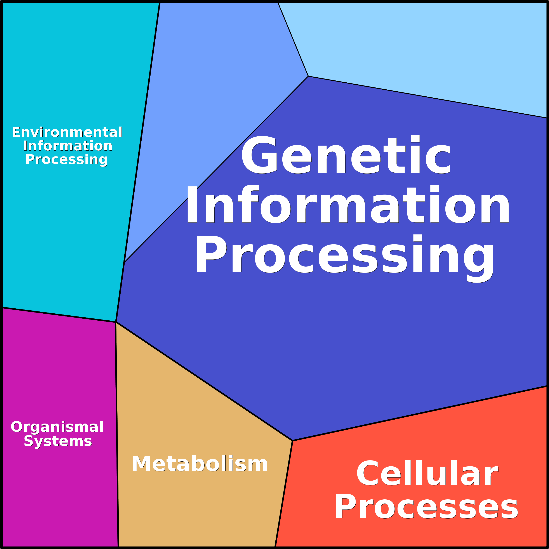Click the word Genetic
[346, 155]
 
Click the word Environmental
[67, 132]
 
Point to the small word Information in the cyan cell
[68, 146]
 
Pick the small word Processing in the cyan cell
[66, 159]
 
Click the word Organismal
[57, 427]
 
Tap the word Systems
[58, 441]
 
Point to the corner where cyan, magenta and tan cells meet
[116, 322]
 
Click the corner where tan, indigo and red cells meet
[292, 441]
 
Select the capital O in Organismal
[16, 427]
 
